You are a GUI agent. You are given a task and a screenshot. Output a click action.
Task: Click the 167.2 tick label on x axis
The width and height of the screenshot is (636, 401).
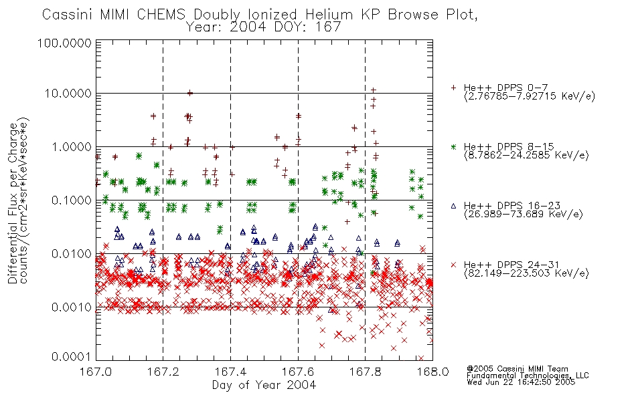pos(163,372)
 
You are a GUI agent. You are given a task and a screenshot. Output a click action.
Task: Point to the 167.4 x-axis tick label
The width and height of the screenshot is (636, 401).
pos(230,372)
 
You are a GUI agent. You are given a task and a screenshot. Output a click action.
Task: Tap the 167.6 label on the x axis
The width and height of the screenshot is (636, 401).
pos(298,372)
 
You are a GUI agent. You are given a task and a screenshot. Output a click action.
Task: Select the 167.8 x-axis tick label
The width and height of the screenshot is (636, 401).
pos(365,372)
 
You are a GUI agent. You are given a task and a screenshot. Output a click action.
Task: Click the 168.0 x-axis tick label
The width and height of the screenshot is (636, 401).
pos(432,372)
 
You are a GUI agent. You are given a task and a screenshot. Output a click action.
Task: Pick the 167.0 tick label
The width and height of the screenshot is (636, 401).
pos(96,372)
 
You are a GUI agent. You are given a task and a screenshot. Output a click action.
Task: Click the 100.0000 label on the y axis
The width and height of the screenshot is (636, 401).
pos(65,43)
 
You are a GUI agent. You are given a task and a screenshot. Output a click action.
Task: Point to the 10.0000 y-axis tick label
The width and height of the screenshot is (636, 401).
pos(68,94)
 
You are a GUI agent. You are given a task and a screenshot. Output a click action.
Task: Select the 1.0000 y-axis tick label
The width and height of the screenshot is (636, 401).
pos(72,146)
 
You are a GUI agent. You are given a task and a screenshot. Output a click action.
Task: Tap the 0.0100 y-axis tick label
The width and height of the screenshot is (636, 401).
pos(72,254)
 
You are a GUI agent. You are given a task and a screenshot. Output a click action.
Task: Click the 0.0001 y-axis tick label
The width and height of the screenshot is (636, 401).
pos(72,356)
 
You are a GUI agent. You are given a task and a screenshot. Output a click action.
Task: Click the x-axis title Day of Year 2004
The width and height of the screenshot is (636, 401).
pos(264,385)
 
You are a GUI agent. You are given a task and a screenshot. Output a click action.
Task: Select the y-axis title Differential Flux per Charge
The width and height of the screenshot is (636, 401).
pos(13,203)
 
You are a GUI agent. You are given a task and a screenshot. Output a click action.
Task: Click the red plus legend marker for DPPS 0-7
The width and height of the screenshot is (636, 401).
pos(453,88)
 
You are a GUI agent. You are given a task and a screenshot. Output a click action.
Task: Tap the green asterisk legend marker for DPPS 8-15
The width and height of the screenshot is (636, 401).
pos(453,146)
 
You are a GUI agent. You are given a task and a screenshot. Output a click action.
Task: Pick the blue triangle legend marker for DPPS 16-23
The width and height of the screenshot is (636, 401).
pos(453,206)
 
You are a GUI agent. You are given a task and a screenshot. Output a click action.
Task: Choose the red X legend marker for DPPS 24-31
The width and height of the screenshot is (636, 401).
pos(453,265)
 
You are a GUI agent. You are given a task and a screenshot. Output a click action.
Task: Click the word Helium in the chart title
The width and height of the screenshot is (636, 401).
pos(329,15)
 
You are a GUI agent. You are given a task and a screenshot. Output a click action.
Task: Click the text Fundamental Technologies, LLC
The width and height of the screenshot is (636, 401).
pos(528,376)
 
